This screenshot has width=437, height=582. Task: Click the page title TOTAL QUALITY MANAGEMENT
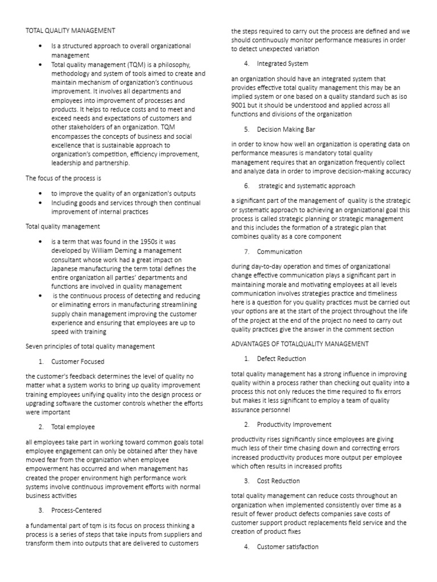pos(71,30)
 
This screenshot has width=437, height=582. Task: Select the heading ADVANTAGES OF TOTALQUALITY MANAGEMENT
pos(300,344)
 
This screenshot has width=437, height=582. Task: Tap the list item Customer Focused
pos(78,361)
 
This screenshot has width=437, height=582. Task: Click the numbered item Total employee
pos(73,426)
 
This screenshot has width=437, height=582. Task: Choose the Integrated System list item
pos(283,64)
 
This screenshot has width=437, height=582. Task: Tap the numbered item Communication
pos(280,251)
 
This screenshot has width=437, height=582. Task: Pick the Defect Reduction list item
pos(281,359)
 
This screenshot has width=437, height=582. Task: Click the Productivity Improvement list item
pos(294,425)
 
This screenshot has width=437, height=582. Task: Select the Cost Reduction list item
pos(278,481)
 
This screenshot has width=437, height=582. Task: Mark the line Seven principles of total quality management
pos(90,346)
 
